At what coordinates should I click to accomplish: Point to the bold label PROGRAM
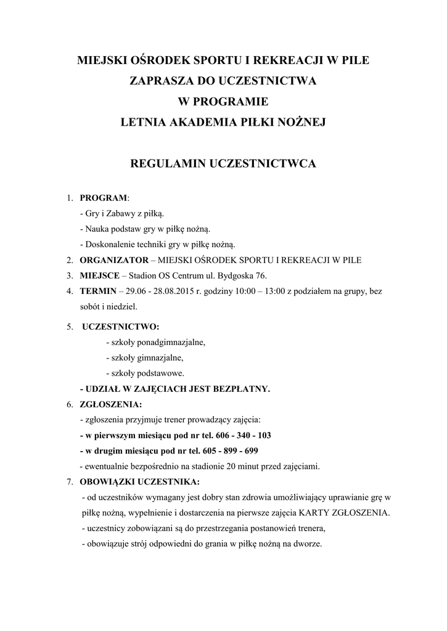click(x=103, y=198)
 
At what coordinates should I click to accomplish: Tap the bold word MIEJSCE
click(x=99, y=275)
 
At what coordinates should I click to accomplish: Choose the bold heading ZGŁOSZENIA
click(x=110, y=404)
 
